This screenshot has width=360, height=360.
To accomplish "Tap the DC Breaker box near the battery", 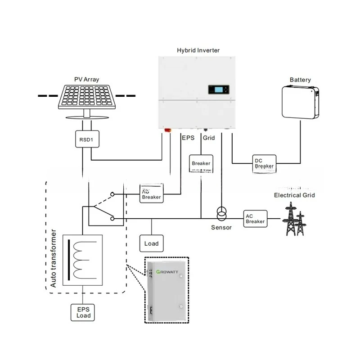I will [264, 163].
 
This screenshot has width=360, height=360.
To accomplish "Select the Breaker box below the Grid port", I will [201, 163].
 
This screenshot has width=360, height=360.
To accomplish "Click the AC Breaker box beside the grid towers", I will [255, 218].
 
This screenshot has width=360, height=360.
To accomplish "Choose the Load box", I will [152, 243].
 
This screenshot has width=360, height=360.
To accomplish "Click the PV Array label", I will [87, 80].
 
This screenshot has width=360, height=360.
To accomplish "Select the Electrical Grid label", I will [294, 195].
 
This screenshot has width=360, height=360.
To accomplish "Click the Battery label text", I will [300, 80].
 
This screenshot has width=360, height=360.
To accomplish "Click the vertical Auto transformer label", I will [53, 260].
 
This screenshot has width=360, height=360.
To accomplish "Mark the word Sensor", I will [221, 227].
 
